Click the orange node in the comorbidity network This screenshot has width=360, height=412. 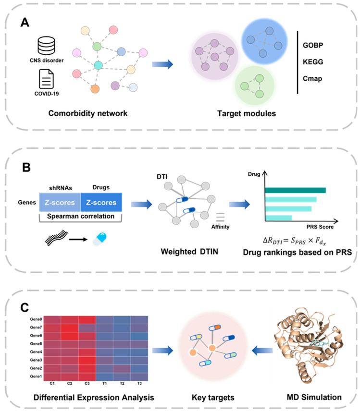95,88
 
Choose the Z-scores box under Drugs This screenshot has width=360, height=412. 101,202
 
